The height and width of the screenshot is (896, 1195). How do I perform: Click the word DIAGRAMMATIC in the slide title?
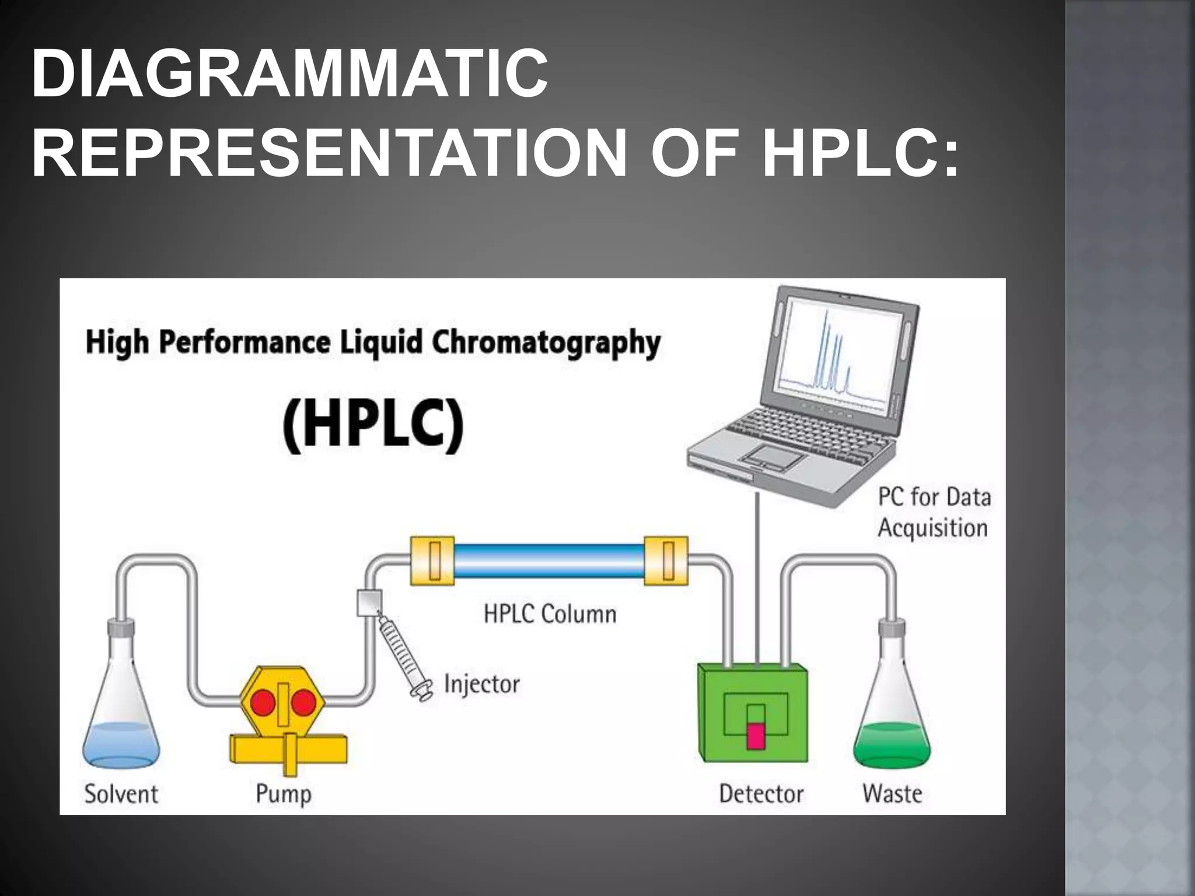click(x=290, y=74)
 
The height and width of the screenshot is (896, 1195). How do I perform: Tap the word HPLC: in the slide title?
click(x=860, y=153)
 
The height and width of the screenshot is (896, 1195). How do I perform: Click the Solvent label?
click(x=121, y=794)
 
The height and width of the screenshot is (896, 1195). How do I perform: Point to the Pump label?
click(x=284, y=794)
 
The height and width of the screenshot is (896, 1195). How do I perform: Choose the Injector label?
click(x=481, y=684)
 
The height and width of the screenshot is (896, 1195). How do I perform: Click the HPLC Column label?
click(x=550, y=614)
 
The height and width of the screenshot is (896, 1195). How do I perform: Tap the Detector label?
click(x=761, y=794)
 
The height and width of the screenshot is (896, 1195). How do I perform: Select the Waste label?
click(x=892, y=794)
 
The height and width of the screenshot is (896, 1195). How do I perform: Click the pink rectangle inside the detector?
click(x=756, y=736)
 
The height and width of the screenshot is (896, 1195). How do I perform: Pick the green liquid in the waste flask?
click(x=892, y=744)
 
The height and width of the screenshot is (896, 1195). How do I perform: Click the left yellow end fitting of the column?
click(x=432, y=561)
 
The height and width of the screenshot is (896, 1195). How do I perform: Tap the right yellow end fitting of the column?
click(x=666, y=561)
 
